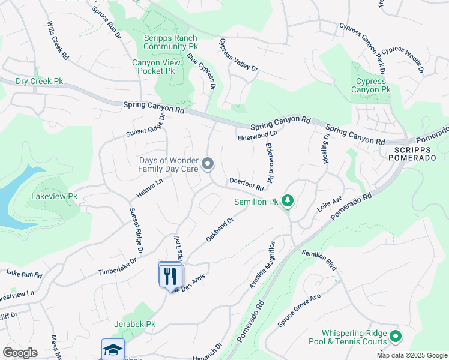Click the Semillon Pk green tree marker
click(x=288, y=200)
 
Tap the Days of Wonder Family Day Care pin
click(x=208, y=163)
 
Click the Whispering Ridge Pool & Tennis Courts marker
click(x=395, y=337)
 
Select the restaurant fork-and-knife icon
click(x=170, y=275)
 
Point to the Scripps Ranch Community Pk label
click(x=170, y=42)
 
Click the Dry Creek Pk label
click(x=39, y=81)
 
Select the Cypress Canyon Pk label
click(x=371, y=86)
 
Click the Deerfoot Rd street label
click(x=246, y=184)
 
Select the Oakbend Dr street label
click(x=219, y=229)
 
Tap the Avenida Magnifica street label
click(x=262, y=265)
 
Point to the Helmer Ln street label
click(x=151, y=190)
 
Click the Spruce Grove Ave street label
click(x=300, y=310)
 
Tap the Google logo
click(x=20, y=353)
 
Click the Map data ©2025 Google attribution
click(x=411, y=355)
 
